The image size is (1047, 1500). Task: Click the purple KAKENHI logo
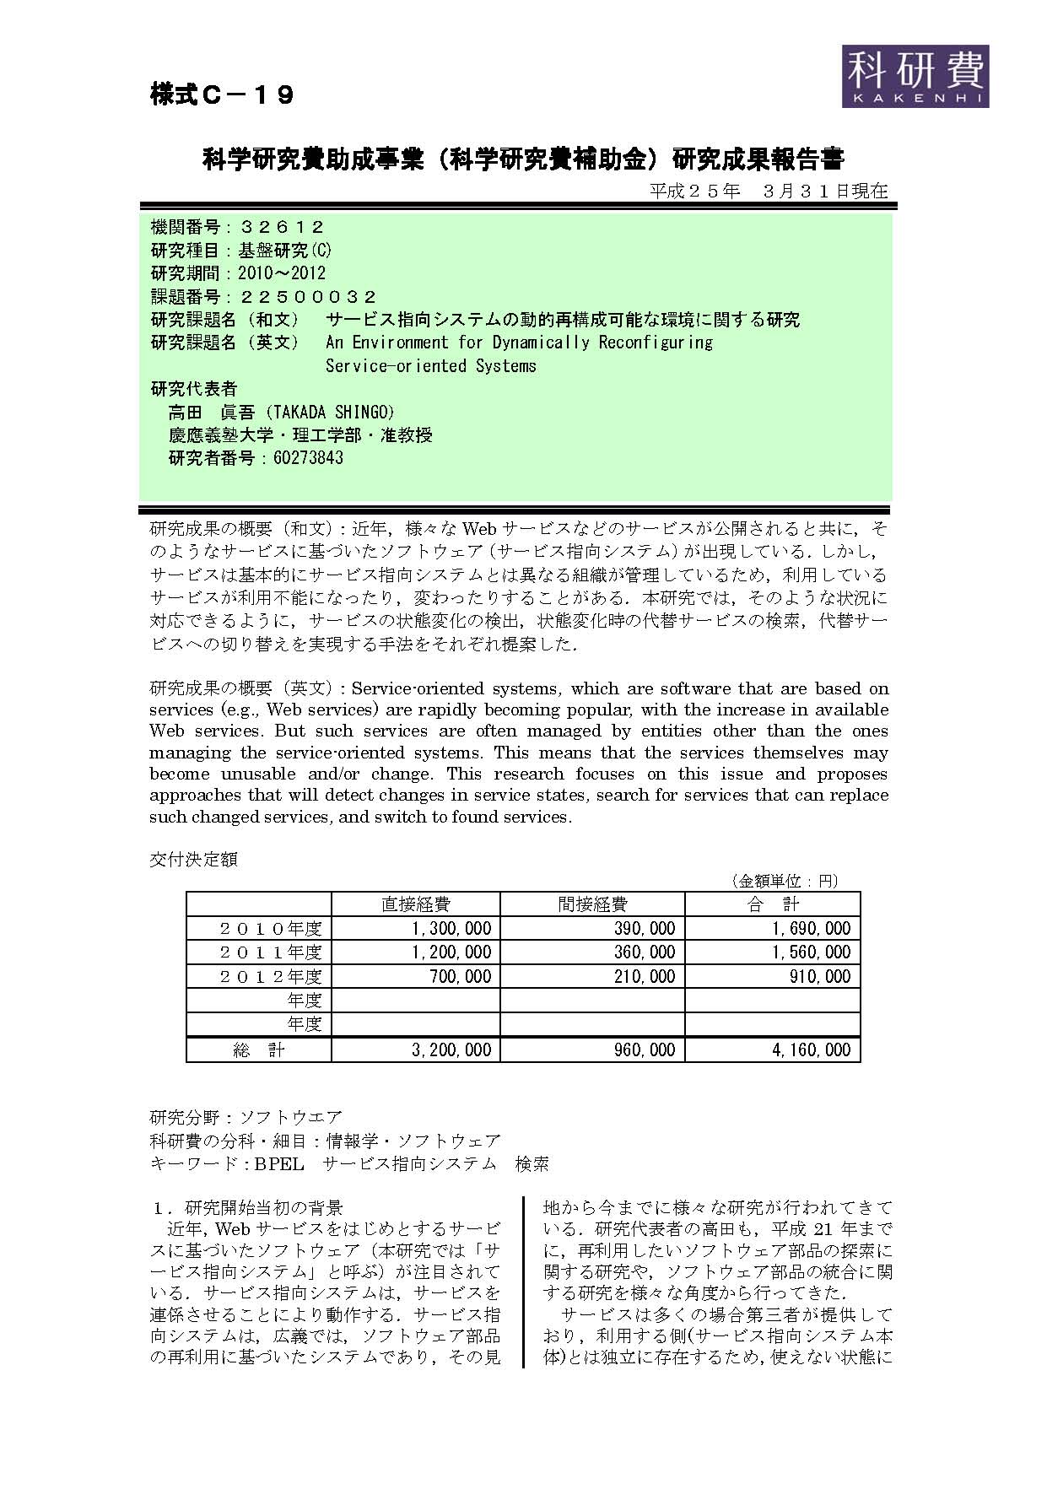[x=915, y=76]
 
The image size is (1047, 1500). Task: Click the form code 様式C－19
[x=222, y=95]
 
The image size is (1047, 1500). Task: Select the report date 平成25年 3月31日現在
[x=769, y=191]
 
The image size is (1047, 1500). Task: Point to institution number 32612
[x=282, y=227]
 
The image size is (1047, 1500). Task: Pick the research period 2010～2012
[x=282, y=273]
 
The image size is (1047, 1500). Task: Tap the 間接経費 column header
[x=592, y=904]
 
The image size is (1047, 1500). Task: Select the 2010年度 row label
[x=270, y=929]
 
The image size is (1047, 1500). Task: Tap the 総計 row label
[x=259, y=1049]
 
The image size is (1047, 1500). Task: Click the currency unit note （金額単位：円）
[x=784, y=881]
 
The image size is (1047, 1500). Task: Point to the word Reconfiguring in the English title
[x=656, y=343]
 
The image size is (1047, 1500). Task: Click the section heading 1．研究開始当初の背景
[x=248, y=1207]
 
